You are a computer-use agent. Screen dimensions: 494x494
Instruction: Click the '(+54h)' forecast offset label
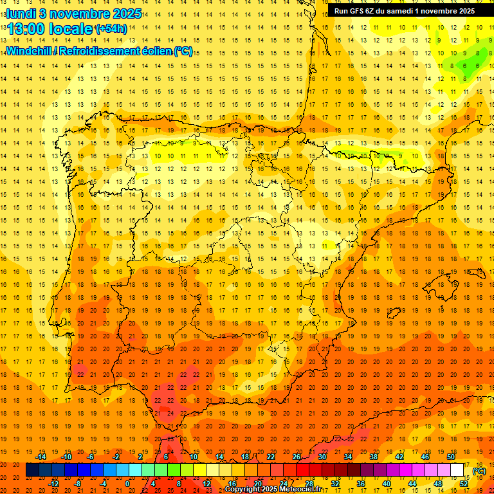pos(111,29)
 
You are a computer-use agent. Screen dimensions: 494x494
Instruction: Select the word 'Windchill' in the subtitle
pos(28,51)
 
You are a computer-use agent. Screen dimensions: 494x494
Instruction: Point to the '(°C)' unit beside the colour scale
pos(479,471)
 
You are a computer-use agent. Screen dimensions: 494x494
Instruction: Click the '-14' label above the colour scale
pos(41,457)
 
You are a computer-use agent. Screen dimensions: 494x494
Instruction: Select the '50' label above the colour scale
pos(450,457)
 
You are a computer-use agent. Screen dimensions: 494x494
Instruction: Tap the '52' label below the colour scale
pos(464,484)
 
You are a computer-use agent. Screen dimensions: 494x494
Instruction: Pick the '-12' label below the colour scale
pos(54,484)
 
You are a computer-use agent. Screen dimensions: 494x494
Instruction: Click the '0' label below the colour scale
pos(127,484)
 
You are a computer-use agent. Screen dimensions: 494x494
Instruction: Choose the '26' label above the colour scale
pos(297,457)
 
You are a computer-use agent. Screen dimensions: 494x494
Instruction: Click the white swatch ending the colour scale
pos(457,470)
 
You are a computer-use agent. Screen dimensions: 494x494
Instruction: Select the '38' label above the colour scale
pos(373,457)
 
